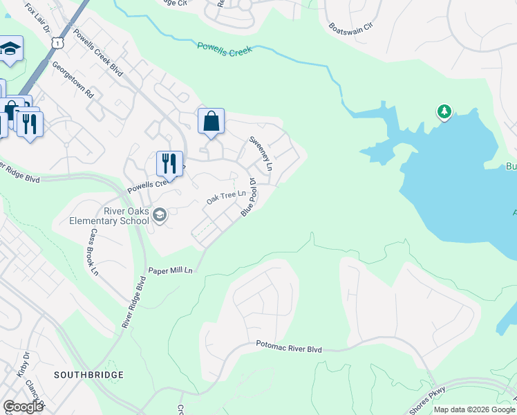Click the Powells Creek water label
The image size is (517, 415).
(225, 48)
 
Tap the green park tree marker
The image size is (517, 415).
(443, 111)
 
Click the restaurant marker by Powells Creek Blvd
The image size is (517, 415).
(169, 164)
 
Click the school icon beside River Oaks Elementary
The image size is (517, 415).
(160, 215)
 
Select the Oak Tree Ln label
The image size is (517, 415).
(226, 198)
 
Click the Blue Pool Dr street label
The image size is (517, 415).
(249, 197)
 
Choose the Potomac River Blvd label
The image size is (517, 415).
(289, 347)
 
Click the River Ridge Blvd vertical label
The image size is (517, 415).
(135, 302)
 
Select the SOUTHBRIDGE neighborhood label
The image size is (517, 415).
(89, 374)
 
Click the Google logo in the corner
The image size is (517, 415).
(23, 406)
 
